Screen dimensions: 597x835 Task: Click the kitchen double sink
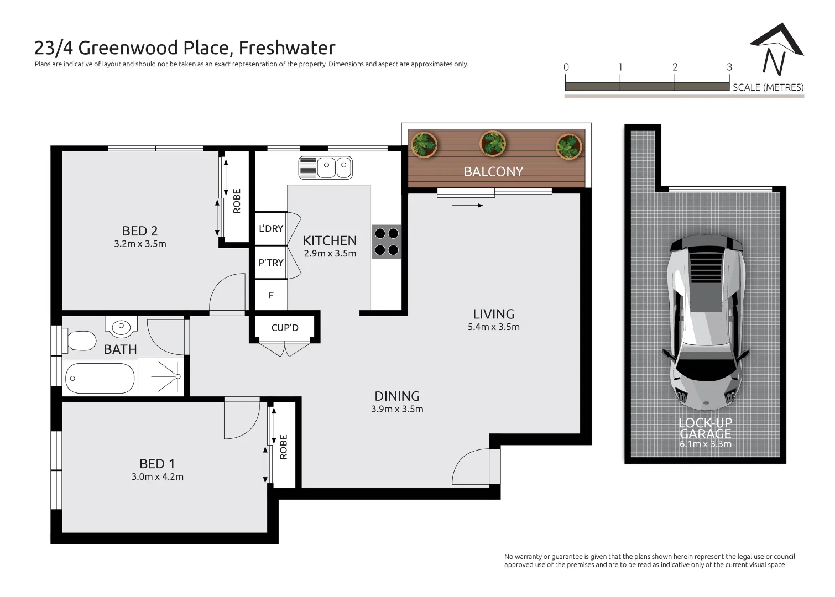tap(326, 167)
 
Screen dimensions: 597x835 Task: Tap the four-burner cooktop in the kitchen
tap(386, 242)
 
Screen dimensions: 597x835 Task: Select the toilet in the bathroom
tap(81, 341)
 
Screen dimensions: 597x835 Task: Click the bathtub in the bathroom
tap(100, 378)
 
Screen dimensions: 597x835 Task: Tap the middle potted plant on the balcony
tap(492, 144)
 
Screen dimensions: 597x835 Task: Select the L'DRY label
tap(271, 228)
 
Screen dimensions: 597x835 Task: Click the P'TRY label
tap(271, 263)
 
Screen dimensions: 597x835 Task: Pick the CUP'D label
tap(285, 328)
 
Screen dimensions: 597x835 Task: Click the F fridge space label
tap(271, 296)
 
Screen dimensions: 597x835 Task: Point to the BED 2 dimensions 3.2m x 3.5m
tap(140, 244)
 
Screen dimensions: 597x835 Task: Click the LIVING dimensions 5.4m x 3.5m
tap(493, 327)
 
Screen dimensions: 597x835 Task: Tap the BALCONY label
tap(493, 171)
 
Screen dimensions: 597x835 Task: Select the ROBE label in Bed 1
tap(284, 447)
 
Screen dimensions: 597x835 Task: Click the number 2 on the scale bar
tap(675, 67)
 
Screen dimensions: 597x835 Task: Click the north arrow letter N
tap(774, 62)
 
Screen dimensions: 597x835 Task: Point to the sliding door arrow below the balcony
tap(467, 206)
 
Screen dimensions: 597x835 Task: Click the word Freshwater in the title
tap(287, 48)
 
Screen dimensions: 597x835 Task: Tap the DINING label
tap(397, 396)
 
